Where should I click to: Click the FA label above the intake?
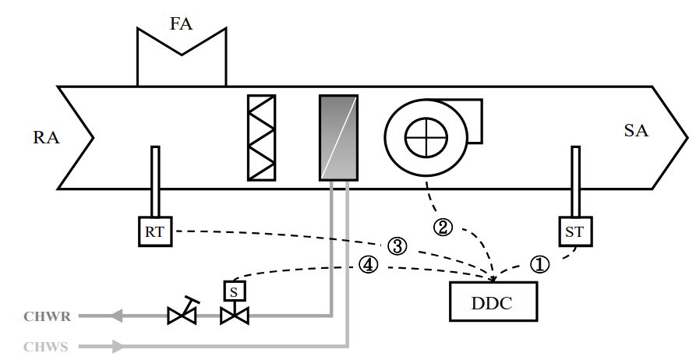[182, 23]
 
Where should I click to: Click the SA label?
[637, 130]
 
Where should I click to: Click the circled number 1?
[539, 264]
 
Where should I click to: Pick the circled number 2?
[442, 228]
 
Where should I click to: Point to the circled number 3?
[397, 247]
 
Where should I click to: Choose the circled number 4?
[369, 265]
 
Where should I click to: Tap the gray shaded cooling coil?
[338, 138]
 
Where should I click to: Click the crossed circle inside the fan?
[426, 137]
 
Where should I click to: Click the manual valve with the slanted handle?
[182, 314]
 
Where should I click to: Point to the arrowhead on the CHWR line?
[118, 316]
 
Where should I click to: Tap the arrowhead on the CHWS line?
[118, 345]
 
